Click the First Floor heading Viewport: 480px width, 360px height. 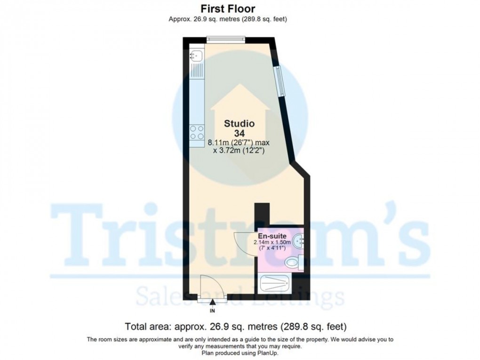tap(228, 8)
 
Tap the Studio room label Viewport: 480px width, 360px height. tap(239, 124)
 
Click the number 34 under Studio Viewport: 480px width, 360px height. tap(239, 134)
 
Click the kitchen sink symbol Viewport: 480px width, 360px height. tap(197, 56)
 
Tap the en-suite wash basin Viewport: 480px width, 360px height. tap(299, 242)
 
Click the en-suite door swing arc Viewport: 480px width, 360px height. tap(243, 242)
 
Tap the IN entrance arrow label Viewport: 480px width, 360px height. tap(212, 311)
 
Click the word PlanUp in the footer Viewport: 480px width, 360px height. tap(252, 352)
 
